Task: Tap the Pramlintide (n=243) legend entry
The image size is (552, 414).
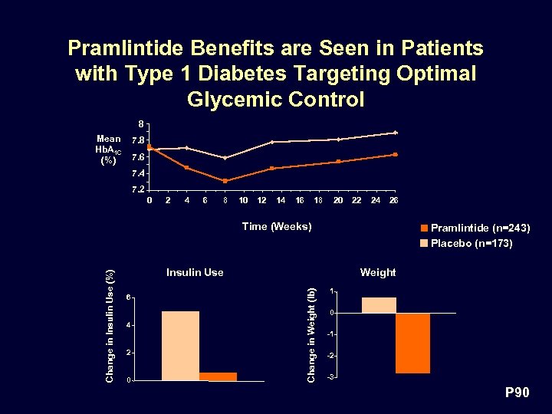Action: pyautogui.click(x=474, y=228)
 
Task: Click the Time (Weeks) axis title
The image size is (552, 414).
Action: pyautogui.click(x=276, y=226)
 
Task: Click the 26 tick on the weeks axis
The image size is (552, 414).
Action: pyautogui.click(x=394, y=200)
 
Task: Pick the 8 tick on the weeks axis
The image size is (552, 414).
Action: pyautogui.click(x=225, y=200)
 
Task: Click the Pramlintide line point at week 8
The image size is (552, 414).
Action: pyautogui.click(x=225, y=181)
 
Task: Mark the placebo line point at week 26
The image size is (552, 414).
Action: pyautogui.click(x=395, y=133)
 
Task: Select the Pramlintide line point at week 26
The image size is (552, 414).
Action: pyautogui.click(x=395, y=154)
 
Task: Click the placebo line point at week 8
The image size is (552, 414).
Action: pyautogui.click(x=225, y=158)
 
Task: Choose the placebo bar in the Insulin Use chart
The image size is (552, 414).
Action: pyautogui.click(x=180, y=346)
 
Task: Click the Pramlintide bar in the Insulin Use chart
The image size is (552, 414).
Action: pyautogui.click(x=219, y=376)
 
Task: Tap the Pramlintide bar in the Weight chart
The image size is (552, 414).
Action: pyautogui.click(x=412, y=343)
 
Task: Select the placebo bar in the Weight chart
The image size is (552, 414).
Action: pyautogui.click(x=379, y=305)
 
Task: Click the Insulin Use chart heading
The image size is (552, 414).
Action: pyautogui.click(x=195, y=272)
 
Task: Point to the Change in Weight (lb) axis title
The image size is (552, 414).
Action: pyautogui.click(x=310, y=325)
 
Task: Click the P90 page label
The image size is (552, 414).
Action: pyautogui.click(x=516, y=393)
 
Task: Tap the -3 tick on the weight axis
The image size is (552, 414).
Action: pyautogui.click(x=330, y=377)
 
